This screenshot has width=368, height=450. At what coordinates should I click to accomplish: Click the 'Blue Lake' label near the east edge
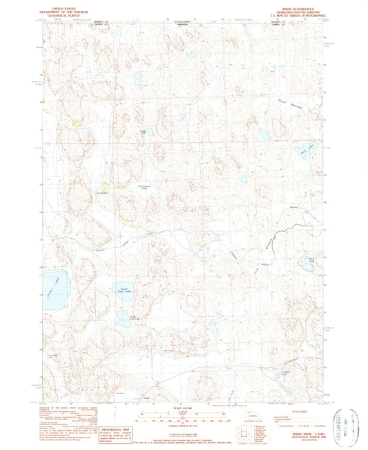pyautogui.click(x=315, y=258)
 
